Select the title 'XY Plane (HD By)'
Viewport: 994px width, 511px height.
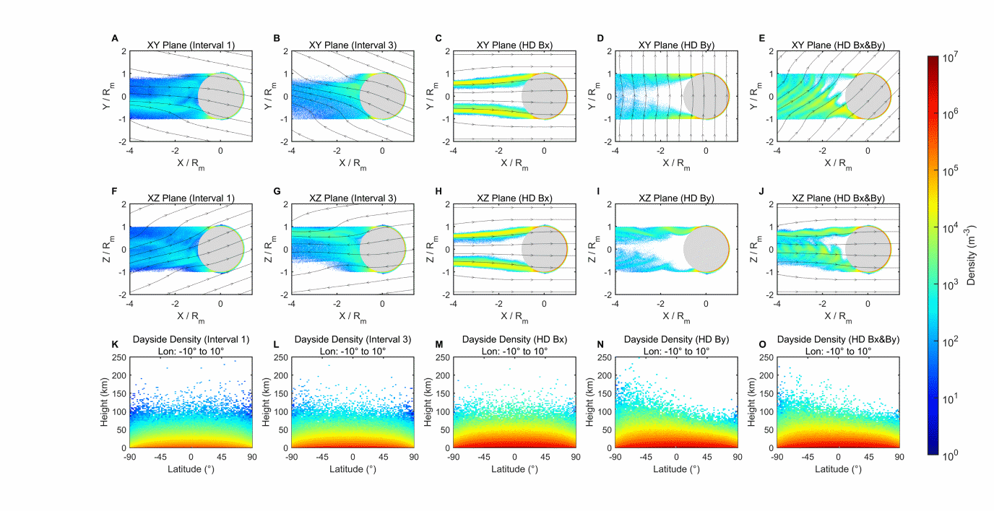click(676, 45)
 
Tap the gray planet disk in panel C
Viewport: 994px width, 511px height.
click(544, 96)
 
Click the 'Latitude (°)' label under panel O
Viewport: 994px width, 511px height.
click(838, 469)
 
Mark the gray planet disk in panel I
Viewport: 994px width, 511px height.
click(706, 249)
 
